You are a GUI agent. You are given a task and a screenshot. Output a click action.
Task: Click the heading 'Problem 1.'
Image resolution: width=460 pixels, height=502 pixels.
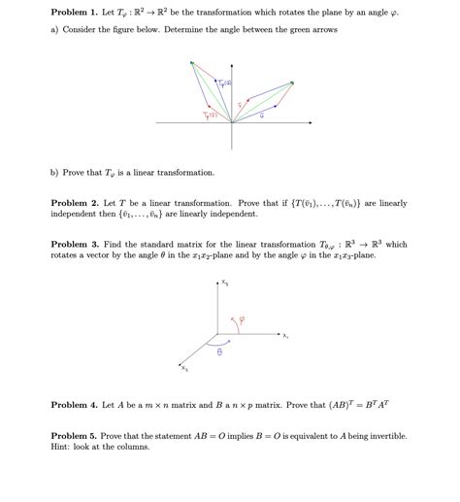tap(73, 14)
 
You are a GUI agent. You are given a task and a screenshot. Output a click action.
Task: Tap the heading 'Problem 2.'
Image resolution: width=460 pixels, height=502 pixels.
tap(73, 204)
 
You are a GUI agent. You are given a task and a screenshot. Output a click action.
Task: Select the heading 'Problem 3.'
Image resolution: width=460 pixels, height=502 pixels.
tap(73, 245)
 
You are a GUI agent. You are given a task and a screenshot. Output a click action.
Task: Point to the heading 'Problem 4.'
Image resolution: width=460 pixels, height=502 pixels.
tap(73, 404)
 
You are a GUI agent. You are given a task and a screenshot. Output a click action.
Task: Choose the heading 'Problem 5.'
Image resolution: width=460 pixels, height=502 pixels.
tap(73, 436)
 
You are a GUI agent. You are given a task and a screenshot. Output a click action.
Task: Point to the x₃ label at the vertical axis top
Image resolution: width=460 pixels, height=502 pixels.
tap(224, 283)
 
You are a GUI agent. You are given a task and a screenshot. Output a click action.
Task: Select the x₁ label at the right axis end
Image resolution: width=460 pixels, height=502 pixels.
tap(285, 337)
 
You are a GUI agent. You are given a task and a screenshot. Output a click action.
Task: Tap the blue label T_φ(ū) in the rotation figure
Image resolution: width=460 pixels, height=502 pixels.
tap(224, 84)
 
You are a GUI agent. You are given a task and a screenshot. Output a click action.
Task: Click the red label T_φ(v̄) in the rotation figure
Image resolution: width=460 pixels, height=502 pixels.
tap(211, 115)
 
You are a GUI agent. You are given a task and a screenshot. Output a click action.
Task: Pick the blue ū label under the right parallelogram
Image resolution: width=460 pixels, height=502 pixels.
tap(261, 116)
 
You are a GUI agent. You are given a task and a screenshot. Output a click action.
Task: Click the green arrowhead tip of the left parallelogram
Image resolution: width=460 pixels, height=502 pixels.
tap(192, 63)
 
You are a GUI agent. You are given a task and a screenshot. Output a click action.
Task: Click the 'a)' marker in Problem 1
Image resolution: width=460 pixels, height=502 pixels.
tap(55, 30)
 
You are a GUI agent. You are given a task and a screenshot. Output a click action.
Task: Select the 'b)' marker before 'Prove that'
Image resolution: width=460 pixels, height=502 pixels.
tap(55, 172)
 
